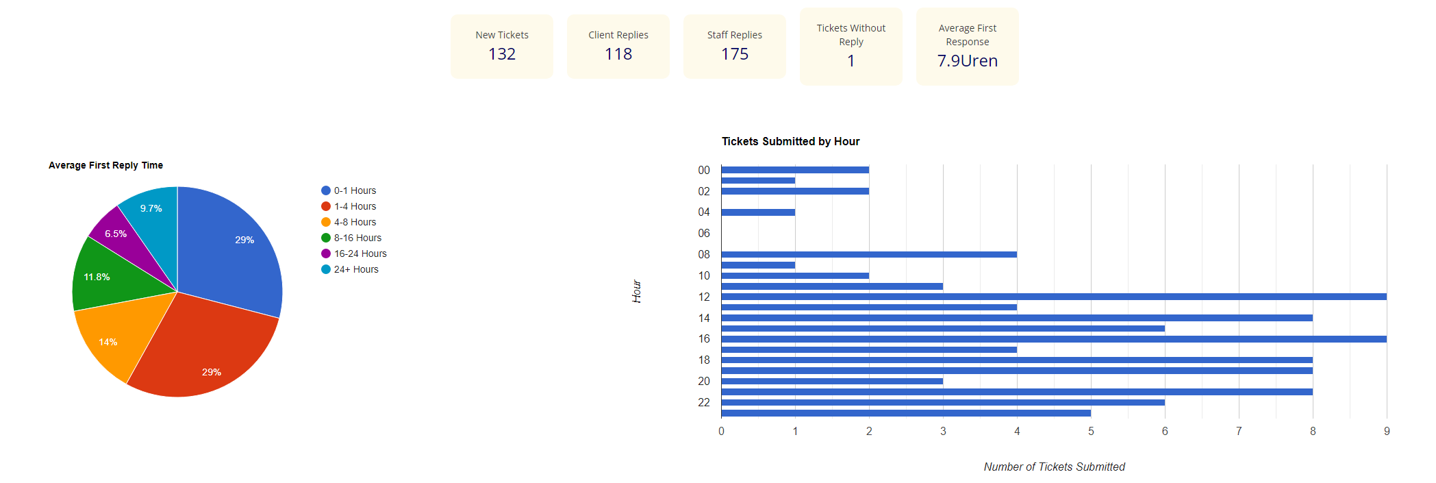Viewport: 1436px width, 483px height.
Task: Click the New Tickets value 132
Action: (501, 54)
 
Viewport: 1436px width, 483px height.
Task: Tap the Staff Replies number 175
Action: (734, 54)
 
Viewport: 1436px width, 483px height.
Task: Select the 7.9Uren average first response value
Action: (967, 61)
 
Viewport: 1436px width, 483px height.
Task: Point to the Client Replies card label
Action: (618, 35)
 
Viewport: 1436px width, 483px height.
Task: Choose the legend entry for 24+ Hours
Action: (355, 269)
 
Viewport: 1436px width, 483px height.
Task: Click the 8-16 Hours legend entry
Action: (357, 238)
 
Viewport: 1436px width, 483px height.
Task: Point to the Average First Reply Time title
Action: (105, 165)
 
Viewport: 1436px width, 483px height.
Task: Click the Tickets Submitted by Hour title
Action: (790, 141)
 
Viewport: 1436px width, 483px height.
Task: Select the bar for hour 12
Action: (1053, 297)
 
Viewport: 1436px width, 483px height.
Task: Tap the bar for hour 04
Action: (758, 212)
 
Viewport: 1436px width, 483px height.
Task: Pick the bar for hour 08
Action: (868, 254)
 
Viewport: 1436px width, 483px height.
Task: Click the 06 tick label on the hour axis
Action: (704, 234)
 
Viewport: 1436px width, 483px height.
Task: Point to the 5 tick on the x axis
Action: (1091, 431)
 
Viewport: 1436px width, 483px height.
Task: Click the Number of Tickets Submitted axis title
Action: (1054, 467)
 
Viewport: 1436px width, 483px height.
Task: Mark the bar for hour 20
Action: (831, 381)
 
